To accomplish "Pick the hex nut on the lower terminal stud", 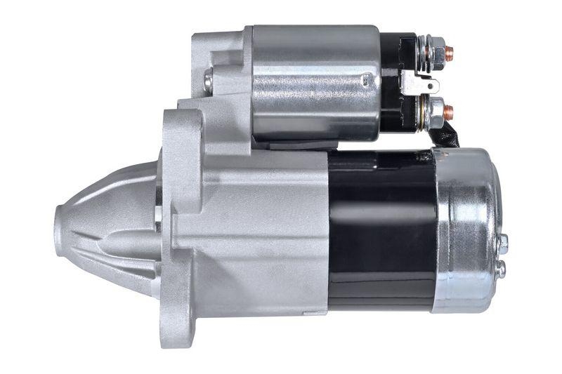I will click(x=436, y=111).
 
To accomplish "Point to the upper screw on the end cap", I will click(x=502, y=243).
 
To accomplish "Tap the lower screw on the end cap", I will click(x=499, y=269).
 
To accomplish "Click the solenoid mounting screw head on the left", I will click(x=208, y=81).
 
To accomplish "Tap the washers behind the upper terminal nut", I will click(x=423, y=51).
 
